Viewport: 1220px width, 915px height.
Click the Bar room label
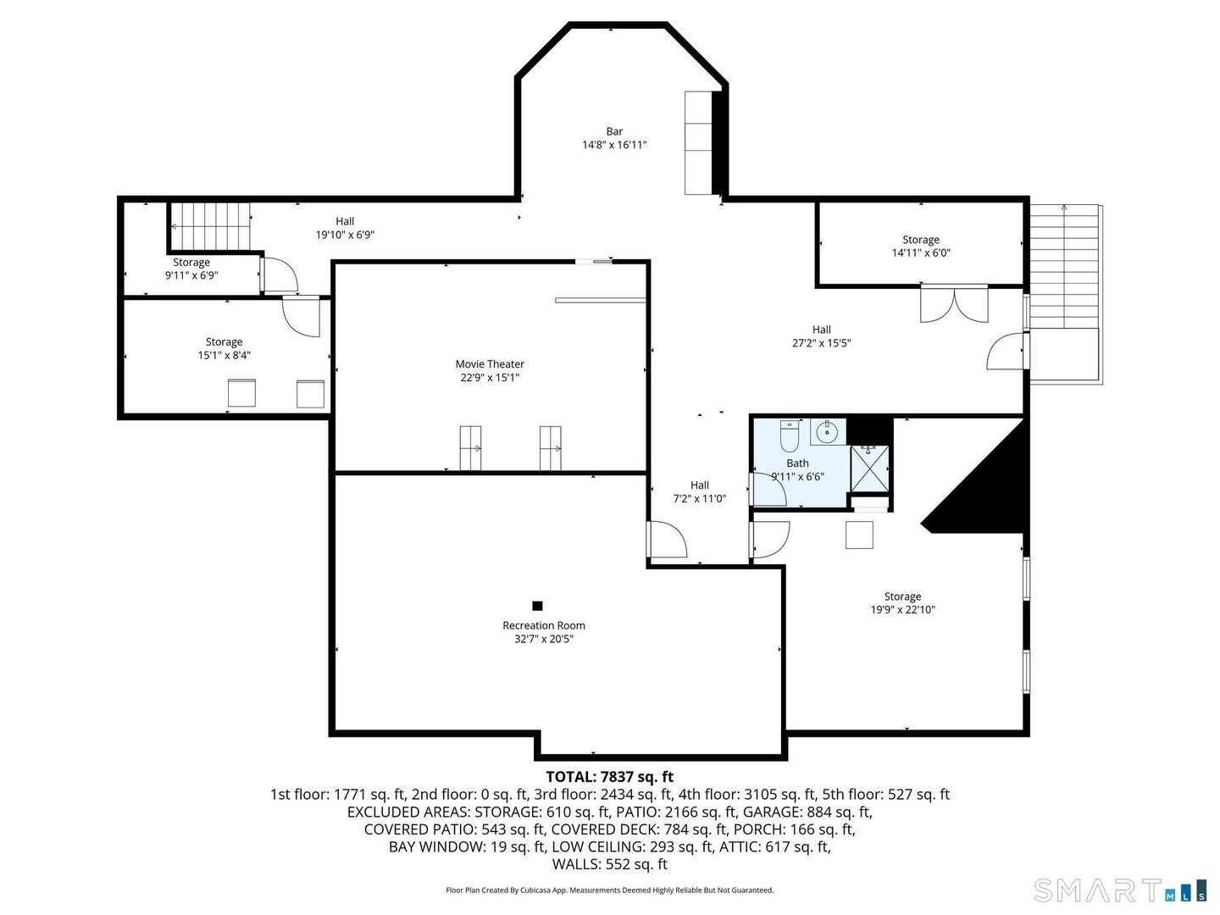614,132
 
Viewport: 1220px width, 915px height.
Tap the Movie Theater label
490,364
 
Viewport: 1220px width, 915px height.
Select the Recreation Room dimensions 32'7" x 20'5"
544,639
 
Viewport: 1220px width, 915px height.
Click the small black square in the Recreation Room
537,606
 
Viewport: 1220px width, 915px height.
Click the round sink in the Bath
826,433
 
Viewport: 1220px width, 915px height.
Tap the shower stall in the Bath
869,469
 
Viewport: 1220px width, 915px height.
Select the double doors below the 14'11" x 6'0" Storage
954,305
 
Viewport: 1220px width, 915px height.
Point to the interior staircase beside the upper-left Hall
210,226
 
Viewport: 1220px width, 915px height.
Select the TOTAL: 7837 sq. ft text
609,776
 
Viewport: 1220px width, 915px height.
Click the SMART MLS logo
1119,890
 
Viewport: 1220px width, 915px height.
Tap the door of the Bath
770,490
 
